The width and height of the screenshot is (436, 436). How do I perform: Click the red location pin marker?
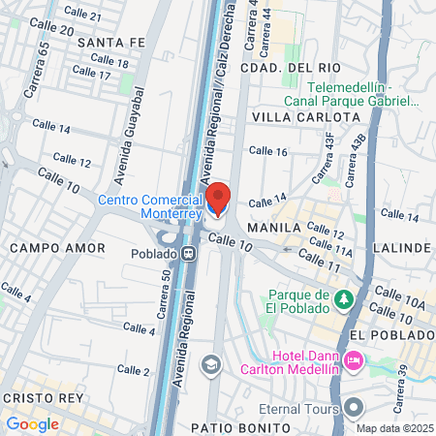[218, 199]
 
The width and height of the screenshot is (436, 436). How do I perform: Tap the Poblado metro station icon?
[189, 254]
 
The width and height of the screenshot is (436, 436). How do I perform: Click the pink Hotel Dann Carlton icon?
[354, 360]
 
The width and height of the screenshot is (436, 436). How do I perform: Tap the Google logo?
[32, 423]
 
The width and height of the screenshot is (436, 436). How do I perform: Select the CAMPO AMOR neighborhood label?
[57, 248]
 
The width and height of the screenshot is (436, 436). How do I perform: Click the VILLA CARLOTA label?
[292, 116]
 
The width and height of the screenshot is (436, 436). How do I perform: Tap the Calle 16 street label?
[267, 151]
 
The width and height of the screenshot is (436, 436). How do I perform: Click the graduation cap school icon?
[210, 365]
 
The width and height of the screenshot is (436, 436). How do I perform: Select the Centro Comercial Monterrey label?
[150, 206]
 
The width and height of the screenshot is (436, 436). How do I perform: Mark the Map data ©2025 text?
[392, 428]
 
